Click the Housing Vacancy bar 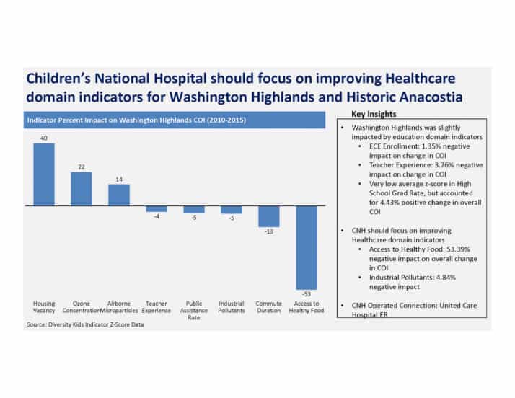pyautogui.click(x=44, y=174)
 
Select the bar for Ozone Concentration pyautogui.click(x=82, y=188)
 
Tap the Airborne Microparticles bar pyautogui.click(x=119, y=195)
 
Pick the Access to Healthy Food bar pyautogui.click(x=307, y=247)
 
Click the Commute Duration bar pyautogui.click(x=269, y=216)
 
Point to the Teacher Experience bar pyautogui.click(x=157, y=209)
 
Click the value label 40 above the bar pyautogui.click(x=44, y=137)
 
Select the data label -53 pyautogui.click(x=307, y=296)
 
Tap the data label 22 pyautogui.click(x=82, y=167)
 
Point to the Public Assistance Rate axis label pyautogui.click(x=194, y=310)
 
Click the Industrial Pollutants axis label pyautogui.click(x=232, y=306)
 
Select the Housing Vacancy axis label pyautogui.click(x=44, y=306)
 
